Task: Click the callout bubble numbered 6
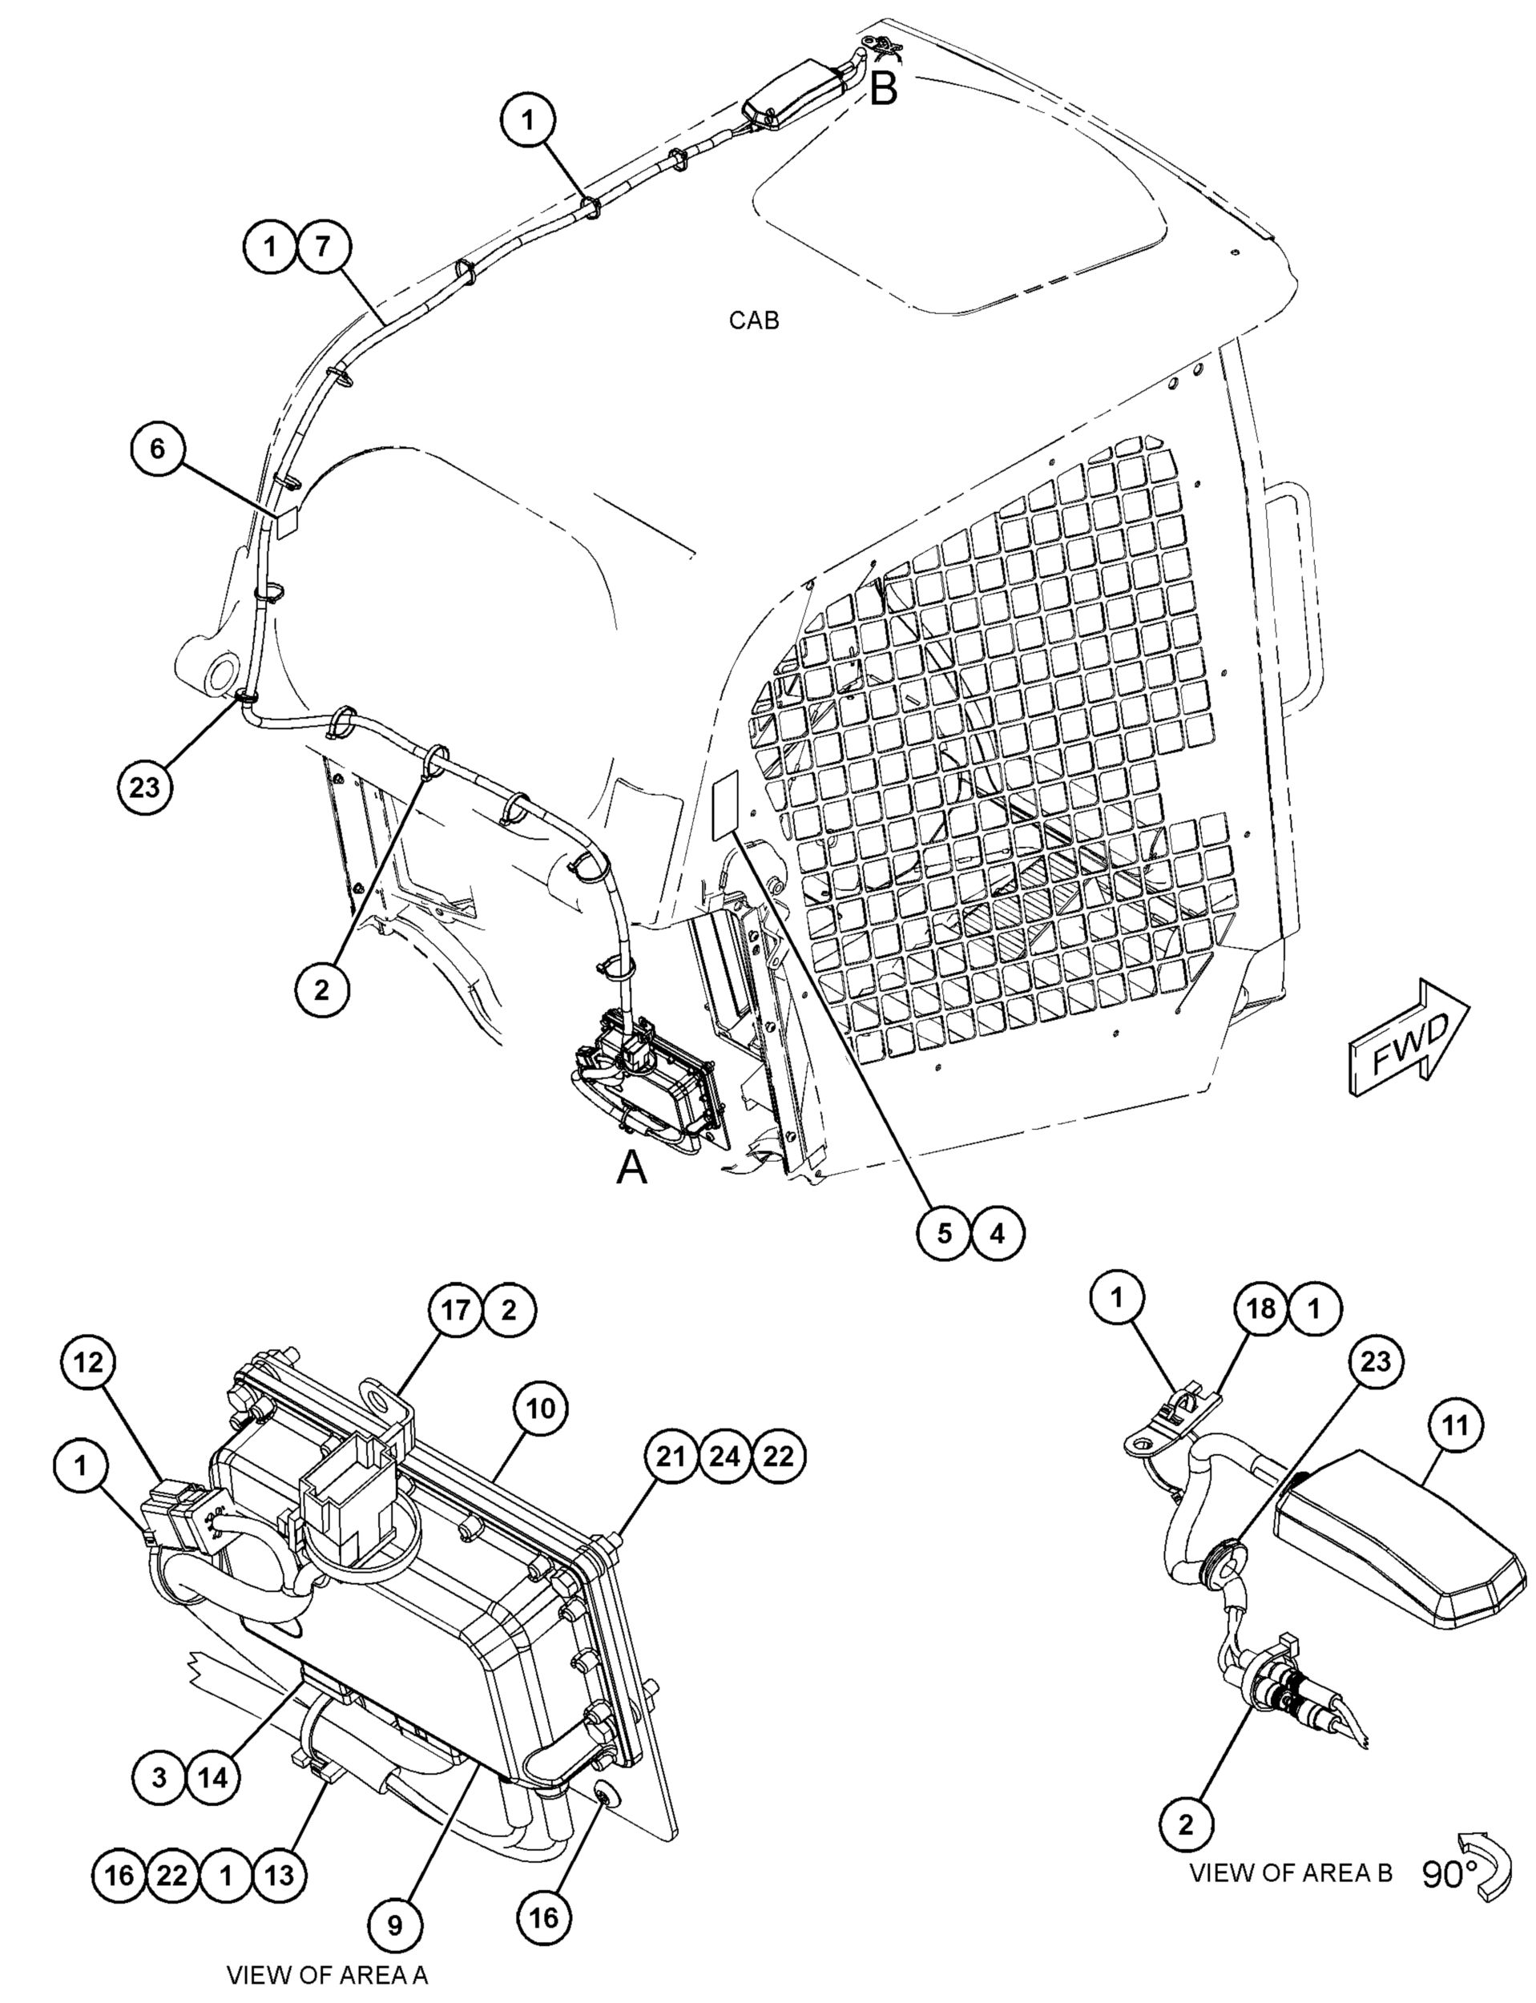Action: (158, 449)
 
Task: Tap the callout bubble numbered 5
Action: (945, 1233)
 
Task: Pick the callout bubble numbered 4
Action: (998, 1233)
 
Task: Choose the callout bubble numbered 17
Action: (456, 1310)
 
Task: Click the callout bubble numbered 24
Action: (724, 1457)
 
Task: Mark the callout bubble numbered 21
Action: (671, 1457)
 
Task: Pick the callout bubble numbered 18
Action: (1262, 1308)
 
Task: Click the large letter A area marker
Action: (631, 1167)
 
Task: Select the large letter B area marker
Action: (883, 89)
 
